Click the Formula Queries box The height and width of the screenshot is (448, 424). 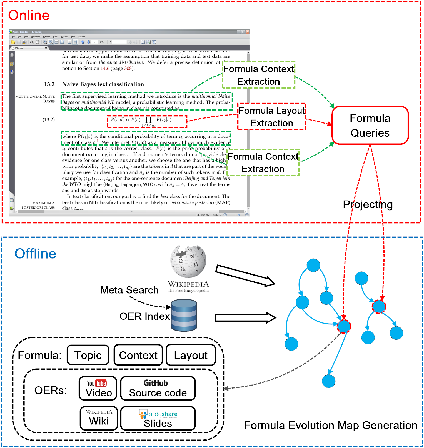click(370, 125)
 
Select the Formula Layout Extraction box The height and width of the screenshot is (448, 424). click(271, 117)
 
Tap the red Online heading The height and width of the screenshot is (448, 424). click(29, 15)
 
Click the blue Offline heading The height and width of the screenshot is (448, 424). click(35, 254)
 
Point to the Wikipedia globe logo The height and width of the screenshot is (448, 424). click(188, 261)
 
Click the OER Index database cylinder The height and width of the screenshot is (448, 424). click(184, 315)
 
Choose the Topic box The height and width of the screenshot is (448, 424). click(88, 355)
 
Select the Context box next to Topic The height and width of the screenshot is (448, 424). click(138, 355)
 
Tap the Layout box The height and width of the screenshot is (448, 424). click(191, 355)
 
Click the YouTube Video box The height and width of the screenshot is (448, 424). click(98, 388)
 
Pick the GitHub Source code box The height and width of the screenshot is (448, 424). click(158, 388)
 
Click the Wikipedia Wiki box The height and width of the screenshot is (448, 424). click(99, 418)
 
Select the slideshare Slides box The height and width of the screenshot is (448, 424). click(158, 418)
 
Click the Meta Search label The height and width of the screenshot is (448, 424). click(129, 290)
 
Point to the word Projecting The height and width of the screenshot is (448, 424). click(368, 204)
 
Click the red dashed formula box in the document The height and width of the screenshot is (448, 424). click(147, 122)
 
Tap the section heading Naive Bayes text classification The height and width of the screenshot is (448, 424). click(103, 84)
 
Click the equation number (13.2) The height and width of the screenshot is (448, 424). click(49, 120)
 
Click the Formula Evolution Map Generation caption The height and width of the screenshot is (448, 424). click(330, 425)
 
